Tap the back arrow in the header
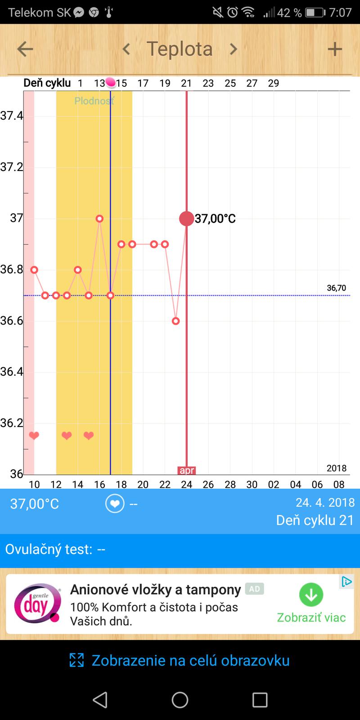[25, 49]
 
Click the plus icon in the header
[335, 49]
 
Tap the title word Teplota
[180, 49]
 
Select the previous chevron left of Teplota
[126, 49]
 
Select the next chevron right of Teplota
[233, 49]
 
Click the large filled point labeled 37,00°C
[186, 219]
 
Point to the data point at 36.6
[175, 321]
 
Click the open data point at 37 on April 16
[99, 219]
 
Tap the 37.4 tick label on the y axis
[11, 116]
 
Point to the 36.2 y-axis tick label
[11, 423]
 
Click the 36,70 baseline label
[336, 288]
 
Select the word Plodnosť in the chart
[94, 101]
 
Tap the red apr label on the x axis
[186, 471]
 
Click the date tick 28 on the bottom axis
[230, 485]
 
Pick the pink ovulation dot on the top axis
[111, 82]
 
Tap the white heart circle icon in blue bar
[114, 504]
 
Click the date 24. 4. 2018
[325, 502]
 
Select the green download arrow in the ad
[311, 595]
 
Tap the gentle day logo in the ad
[37, 603]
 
